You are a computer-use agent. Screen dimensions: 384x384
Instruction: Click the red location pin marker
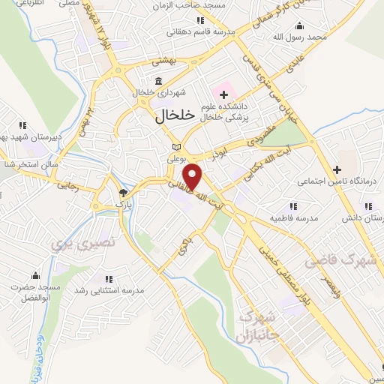[194, 176]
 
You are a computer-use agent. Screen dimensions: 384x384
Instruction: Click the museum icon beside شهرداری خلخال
[157, 81]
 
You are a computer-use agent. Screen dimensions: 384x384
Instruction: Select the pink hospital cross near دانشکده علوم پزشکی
[223, 94]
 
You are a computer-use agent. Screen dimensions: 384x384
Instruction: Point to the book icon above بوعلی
[176, 147]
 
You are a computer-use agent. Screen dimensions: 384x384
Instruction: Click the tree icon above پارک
[121, 192]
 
